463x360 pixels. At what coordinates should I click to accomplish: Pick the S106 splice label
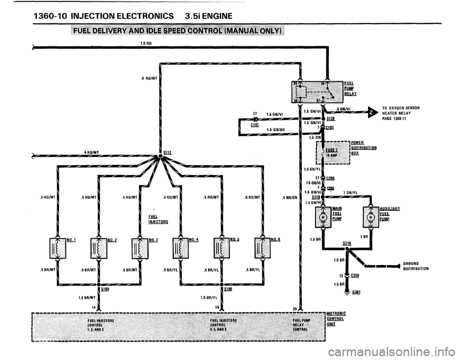point(229,290)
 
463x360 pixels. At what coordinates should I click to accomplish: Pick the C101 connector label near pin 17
point(256,124)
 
